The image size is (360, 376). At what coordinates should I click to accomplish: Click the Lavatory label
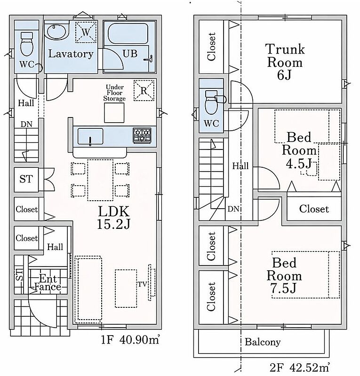(71, 54)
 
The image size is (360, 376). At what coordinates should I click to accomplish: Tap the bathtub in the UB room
(128, 33)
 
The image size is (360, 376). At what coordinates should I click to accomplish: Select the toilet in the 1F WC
(27, 44)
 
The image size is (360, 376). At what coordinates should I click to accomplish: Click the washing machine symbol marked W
(86, 32)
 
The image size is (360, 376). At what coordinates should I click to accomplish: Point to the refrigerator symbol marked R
(144, 90)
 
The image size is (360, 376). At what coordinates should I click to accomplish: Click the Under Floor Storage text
(114, 93)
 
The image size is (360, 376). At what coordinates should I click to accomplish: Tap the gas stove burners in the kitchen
(142, 135)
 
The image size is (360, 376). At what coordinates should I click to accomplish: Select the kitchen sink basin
(90, 137)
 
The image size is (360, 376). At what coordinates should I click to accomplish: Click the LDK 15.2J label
(113, 218)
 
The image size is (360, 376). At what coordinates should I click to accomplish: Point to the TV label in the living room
(142, 284)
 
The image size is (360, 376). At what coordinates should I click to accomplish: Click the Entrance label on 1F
(48, 283)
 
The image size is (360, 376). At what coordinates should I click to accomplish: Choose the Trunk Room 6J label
(285, 62)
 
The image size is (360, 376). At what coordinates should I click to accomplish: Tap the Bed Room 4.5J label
(299, 150)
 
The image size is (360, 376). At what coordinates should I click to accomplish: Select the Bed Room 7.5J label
(284, 276)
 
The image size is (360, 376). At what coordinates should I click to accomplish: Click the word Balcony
(263, 342)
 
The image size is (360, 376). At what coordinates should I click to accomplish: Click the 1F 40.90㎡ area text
(130, 340)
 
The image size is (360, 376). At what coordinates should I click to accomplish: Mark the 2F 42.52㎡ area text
(299, 367)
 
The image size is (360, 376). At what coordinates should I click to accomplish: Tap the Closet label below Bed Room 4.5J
(314, 209)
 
